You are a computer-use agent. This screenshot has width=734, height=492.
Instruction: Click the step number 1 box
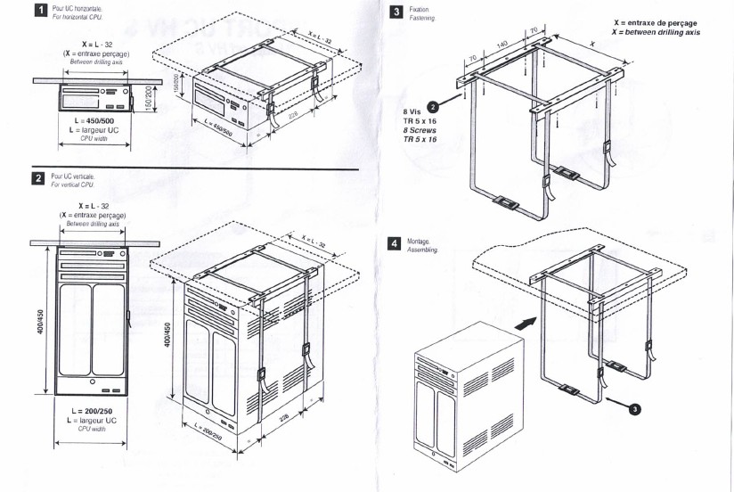[38, 12]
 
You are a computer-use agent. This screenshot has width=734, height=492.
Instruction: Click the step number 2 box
[38, 178]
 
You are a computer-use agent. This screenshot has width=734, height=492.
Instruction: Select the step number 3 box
[396, 12]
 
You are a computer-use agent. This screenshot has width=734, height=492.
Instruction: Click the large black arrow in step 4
[527, 319]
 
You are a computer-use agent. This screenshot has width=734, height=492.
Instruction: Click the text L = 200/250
[93, 412]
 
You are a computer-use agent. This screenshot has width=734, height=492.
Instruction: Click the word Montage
[419, 241]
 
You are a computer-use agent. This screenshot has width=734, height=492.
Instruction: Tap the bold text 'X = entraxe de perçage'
[656, 22]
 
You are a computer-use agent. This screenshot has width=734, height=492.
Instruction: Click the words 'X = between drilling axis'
[656, 32]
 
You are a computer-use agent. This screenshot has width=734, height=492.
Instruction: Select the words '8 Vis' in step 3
[412, 112]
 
